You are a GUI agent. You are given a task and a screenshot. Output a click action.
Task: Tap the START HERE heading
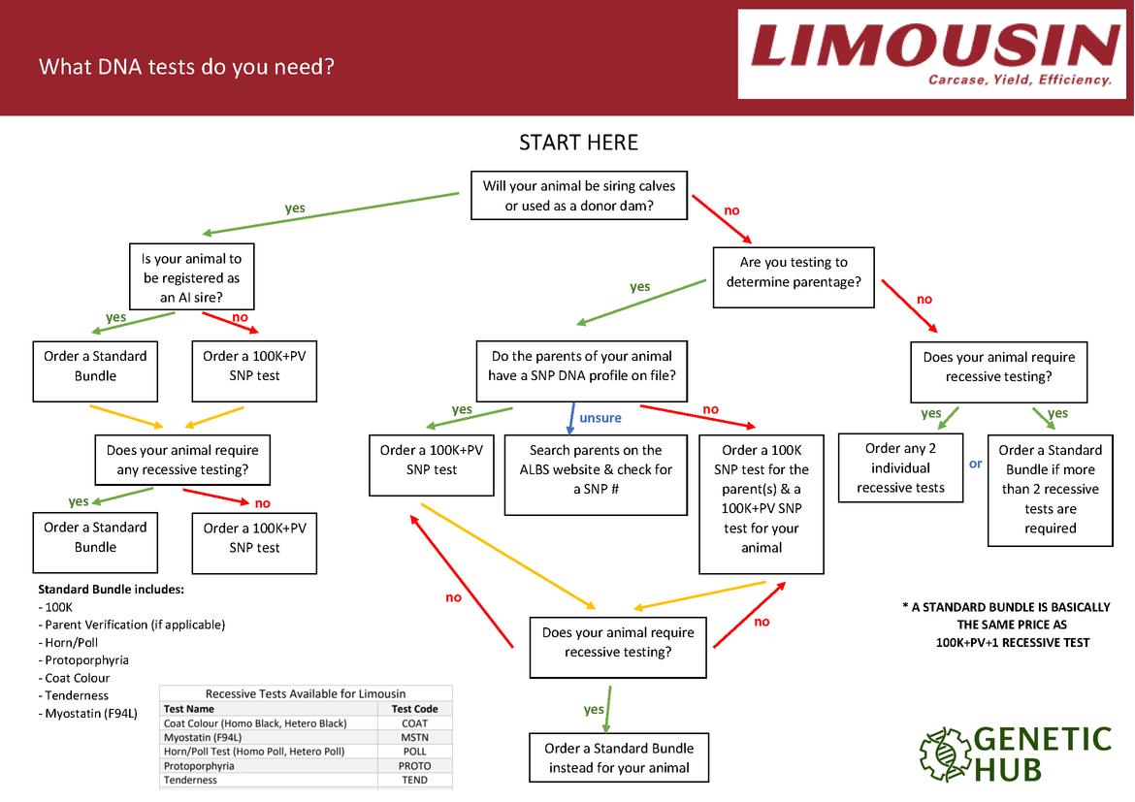pos(578,144)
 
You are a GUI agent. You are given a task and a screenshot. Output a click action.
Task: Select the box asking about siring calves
pos(578,196)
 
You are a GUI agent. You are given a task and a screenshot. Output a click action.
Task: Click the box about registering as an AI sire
pos(191,277)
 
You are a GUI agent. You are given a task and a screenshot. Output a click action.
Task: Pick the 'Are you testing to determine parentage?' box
pos(793,273)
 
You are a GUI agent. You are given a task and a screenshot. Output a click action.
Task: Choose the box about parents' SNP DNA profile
pos(581,367)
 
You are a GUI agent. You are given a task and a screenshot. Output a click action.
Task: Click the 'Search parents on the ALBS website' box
pos(596,469)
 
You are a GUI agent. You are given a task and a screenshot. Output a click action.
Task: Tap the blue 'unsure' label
pos(600,418)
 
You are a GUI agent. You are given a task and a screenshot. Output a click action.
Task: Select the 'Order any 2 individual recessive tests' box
pos(900,467)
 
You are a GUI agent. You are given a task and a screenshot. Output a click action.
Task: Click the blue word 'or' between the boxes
pos(975,464)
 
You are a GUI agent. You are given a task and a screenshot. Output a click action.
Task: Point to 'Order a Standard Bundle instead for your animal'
pos(618,757)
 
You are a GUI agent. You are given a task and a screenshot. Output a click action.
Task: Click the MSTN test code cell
pos(414,737)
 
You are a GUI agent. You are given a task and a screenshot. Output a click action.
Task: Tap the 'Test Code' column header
pos(414,709)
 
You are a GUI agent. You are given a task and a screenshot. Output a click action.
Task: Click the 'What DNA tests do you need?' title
pos(186,67)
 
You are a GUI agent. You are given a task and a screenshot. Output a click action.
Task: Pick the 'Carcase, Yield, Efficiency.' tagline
pos(1020,80)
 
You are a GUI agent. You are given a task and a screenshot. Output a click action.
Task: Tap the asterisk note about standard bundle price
pos(1006,625)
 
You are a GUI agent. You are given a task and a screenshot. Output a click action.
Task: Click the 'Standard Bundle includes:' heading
pos(111,590)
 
